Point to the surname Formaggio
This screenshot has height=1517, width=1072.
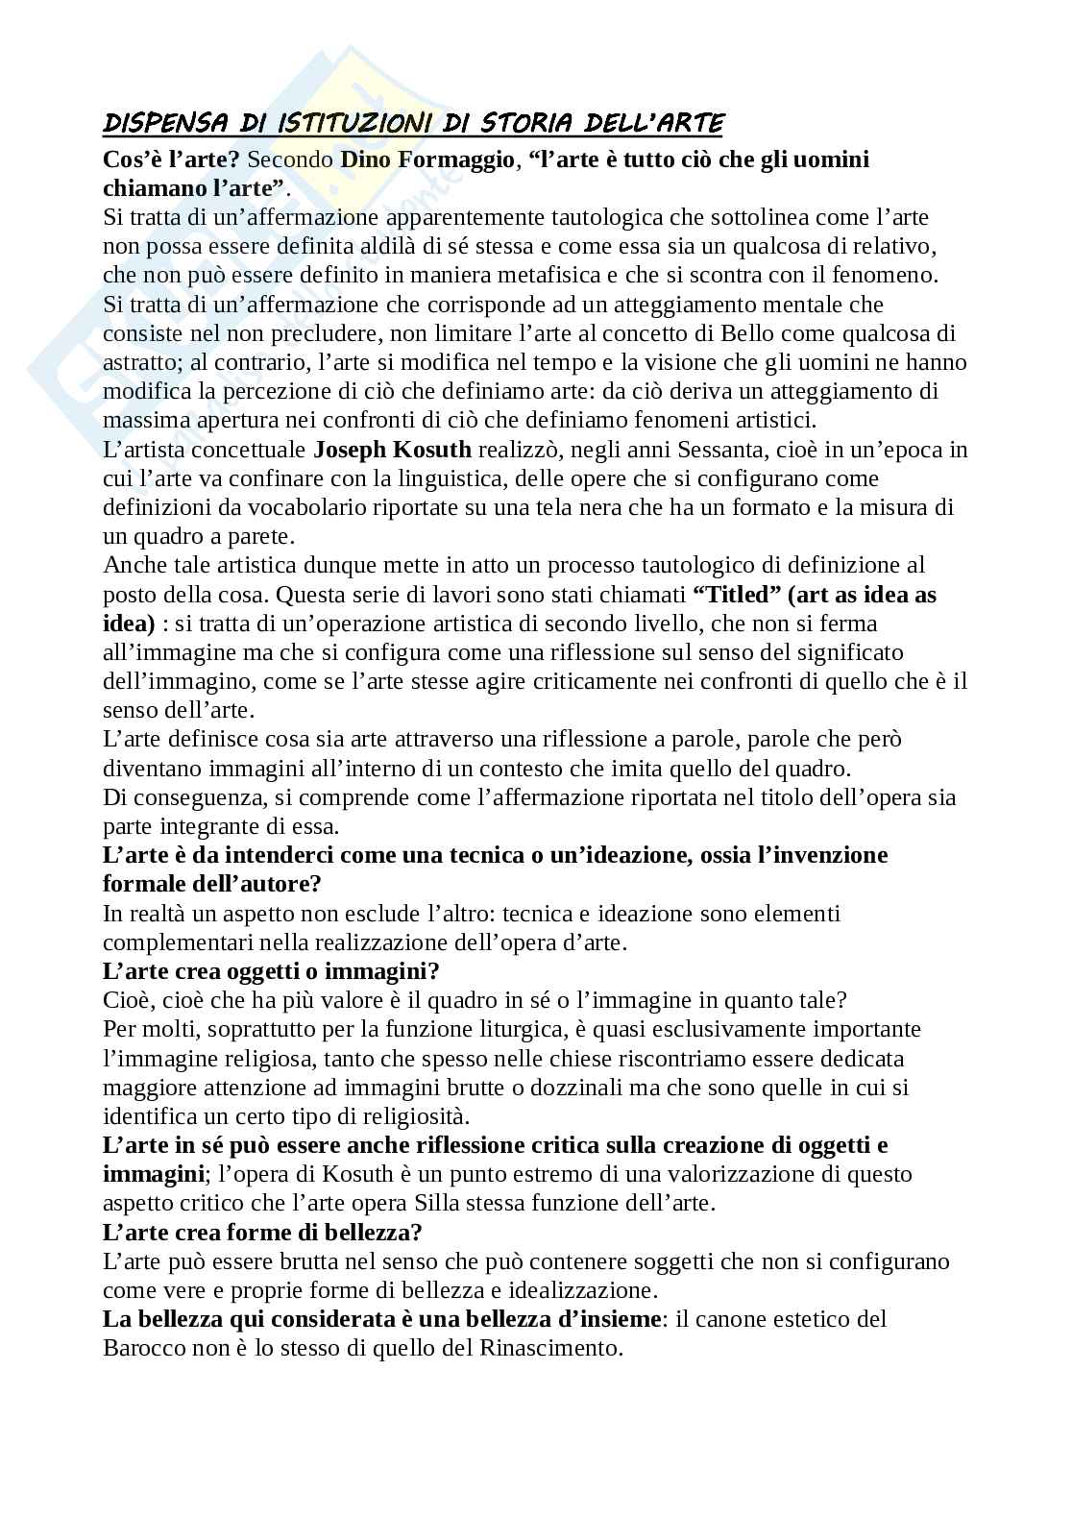[x=458, y=159]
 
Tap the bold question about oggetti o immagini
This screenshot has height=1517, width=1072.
[x=271, y=971]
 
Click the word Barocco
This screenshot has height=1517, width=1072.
[x=146, y=1348]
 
